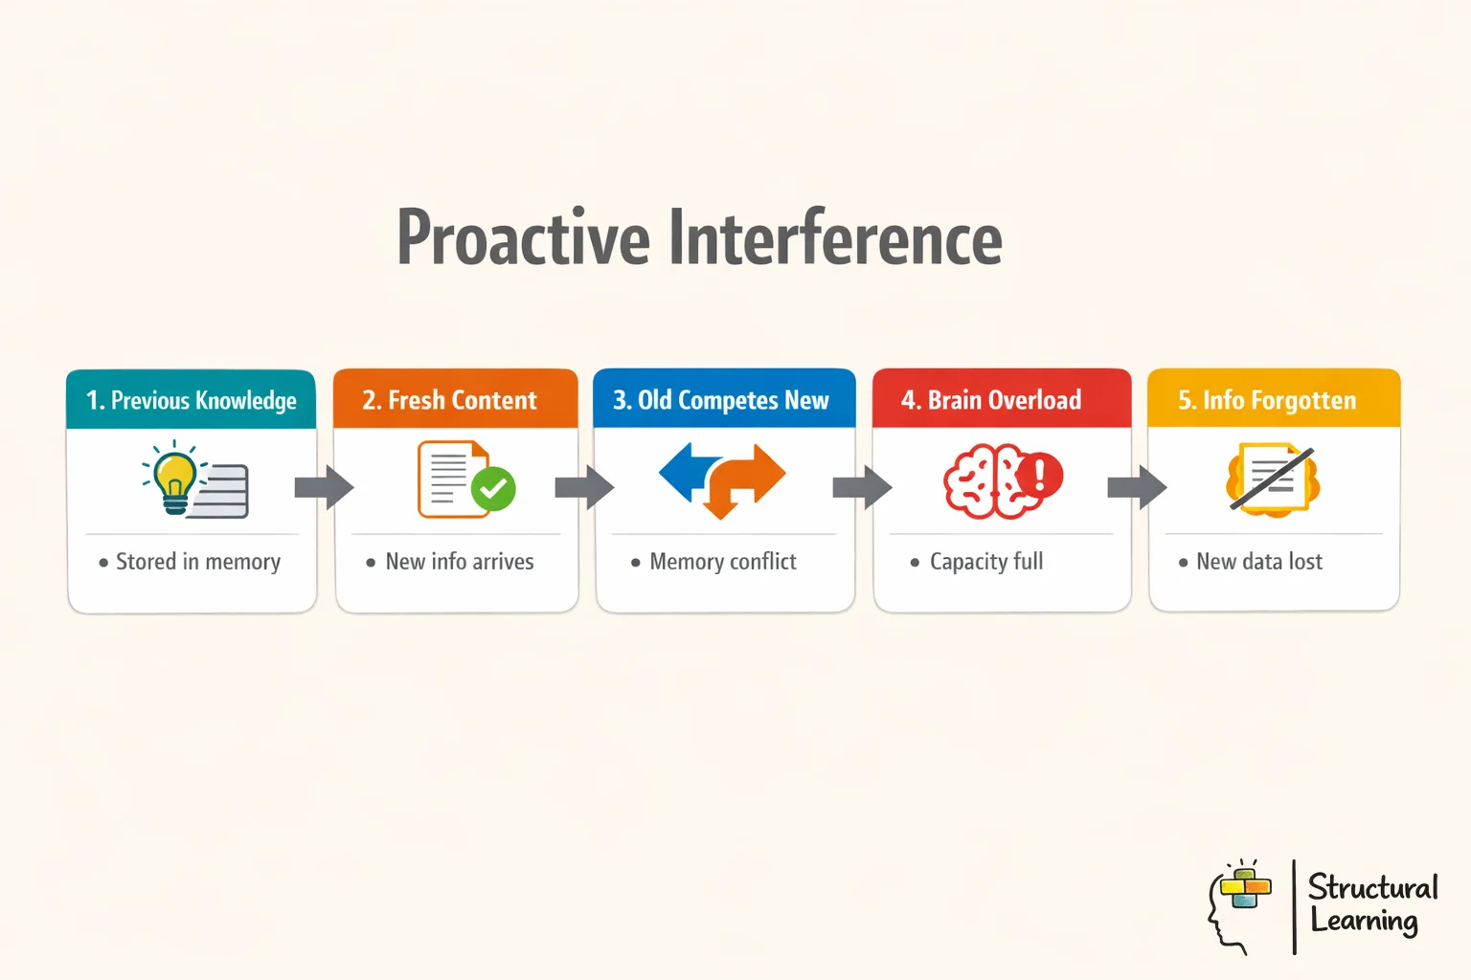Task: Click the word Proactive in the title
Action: pos(523,238)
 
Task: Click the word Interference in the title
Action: pos(835,238)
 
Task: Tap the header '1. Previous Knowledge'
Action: pos(191,400)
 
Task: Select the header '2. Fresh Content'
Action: pos(449,400)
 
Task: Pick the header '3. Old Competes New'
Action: pos(721,400)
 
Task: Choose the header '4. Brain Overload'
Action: pos(991,400)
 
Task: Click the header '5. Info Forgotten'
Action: pos(1267,400)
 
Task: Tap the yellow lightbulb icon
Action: pos(174,477)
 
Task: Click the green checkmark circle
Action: pos(494,489)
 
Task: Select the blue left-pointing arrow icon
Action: pos(686,471)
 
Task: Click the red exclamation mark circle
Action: pos(1039,474)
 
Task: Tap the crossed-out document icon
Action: pos(1273,479)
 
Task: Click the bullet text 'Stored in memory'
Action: pos(197,562)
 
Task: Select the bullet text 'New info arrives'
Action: pos(459,562)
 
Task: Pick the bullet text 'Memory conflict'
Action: pos(722,562)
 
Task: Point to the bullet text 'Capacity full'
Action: pos(985,562)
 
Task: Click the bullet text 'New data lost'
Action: pos(1258,562)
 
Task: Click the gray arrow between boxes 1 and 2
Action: pos(325,487)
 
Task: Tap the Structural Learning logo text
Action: pos(1371,904)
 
